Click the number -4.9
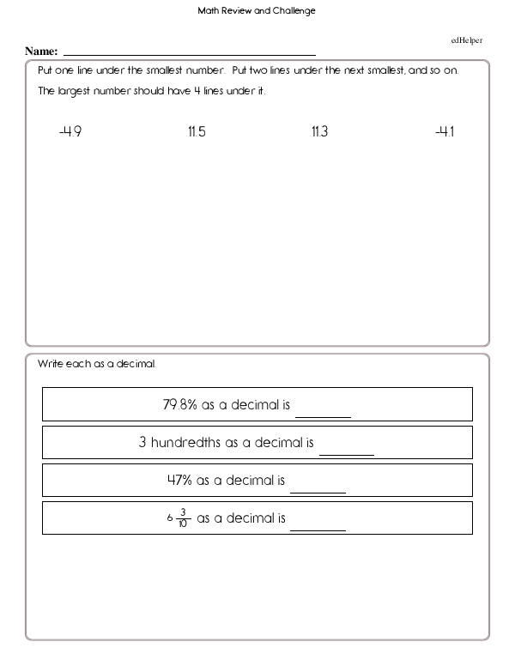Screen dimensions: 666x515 click(70, 132)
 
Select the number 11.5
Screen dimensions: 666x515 click(197, 132)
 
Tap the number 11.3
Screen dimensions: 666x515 click(319, 132)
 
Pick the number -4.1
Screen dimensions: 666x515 click(445, 132)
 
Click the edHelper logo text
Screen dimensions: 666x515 click(467, 39)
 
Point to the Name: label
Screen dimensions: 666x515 click(41, 51)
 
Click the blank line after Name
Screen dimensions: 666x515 click(190, 53)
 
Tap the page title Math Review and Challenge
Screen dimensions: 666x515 click(257, 11)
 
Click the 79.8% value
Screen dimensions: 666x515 click(180, 404)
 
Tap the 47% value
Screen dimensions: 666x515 click(179, 481)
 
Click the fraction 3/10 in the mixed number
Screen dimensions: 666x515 click(182, 518)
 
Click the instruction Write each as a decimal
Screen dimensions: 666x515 click(97, 364)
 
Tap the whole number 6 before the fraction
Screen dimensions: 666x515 click(170, 518)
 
